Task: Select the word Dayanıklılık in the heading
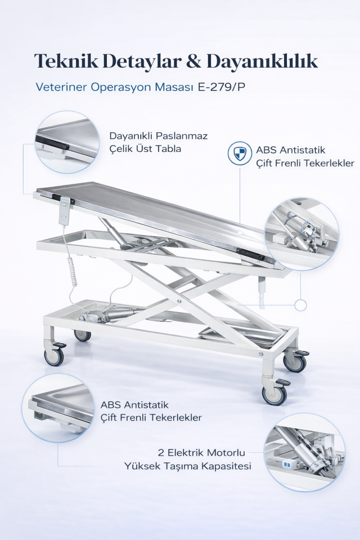coord(262,61)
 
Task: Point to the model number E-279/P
coord(222,87)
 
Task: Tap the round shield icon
coord(240,153)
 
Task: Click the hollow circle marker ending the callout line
coord(301,305)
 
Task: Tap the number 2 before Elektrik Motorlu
coord(160,452)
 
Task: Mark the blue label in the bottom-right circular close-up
coord(287,465)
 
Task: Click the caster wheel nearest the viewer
coord(274,395)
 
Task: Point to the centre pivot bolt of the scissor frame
coord(178,301)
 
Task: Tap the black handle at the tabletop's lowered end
coord(250,254)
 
